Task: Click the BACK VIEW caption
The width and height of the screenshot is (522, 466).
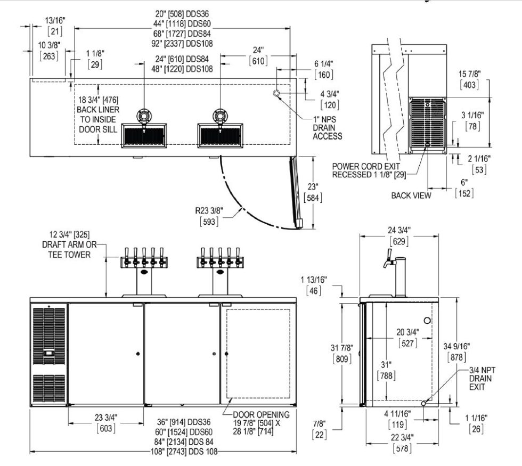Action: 411,195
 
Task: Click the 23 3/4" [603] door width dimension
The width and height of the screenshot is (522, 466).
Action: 105,422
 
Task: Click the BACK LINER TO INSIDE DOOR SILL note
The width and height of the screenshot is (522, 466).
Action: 98,114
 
